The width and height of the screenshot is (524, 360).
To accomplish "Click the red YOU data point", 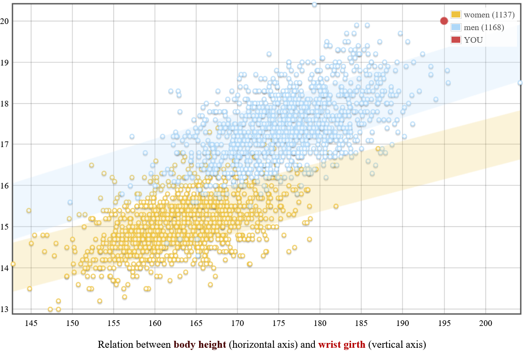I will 444,21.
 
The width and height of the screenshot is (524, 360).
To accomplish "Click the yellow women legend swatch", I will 456,15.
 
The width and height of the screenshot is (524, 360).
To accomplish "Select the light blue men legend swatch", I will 456,27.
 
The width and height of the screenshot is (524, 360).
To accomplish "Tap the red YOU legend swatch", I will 456,40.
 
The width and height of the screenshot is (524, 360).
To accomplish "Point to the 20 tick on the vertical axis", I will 6,21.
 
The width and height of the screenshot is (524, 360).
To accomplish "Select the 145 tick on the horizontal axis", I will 31,323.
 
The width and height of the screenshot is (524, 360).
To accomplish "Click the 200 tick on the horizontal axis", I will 486,323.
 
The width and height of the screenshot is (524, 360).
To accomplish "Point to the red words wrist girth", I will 342,345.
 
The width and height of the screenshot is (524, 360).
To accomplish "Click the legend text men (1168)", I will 484,27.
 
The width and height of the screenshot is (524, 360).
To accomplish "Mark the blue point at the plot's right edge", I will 520,82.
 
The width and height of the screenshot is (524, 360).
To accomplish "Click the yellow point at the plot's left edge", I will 13,264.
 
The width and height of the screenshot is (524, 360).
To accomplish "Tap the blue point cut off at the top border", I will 314,4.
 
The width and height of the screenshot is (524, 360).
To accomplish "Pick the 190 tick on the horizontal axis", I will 403,323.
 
